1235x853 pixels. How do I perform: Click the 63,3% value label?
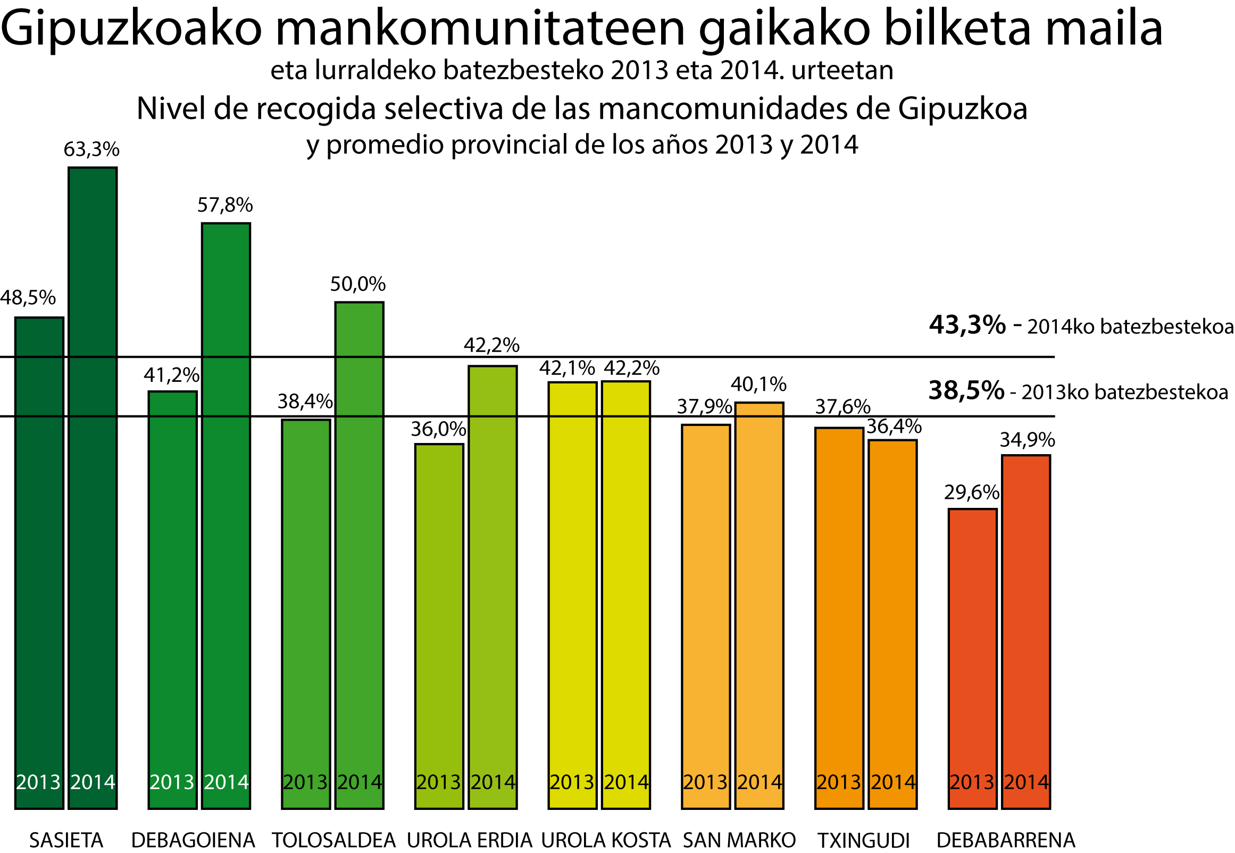tap(91, 149)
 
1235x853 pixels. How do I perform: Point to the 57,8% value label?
tap(225, 205)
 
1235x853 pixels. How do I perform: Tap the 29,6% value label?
tap(972, 492)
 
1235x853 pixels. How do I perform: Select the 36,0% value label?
tap(438, 429)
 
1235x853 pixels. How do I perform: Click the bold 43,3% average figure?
tap(967, 325)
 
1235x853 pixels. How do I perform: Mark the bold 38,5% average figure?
tap(966, 391)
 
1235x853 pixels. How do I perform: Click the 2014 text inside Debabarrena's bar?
tap(1026, 782)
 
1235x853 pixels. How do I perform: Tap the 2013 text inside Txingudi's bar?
tap(838, 782)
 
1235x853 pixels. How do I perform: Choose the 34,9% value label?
tap(1027, 440)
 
